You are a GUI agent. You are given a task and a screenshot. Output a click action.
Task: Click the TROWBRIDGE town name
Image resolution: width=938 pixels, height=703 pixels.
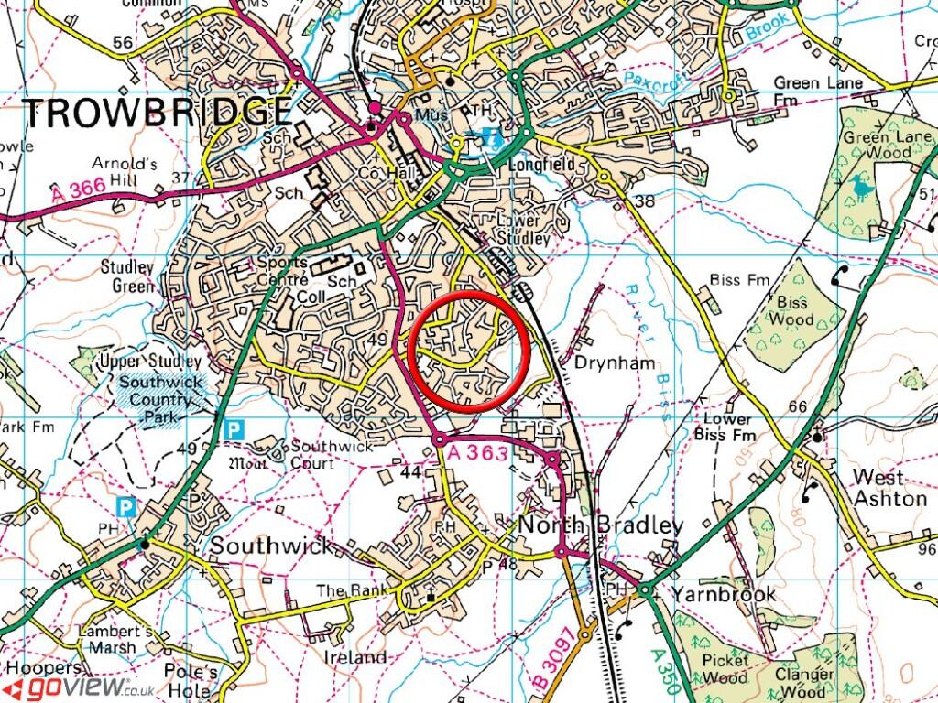[x=157, y=112]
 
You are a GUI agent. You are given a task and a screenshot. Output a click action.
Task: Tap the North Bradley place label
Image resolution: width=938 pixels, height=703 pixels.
[x=601, y=525]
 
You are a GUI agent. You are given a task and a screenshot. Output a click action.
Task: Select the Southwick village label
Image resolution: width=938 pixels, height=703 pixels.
[x=272, y=546]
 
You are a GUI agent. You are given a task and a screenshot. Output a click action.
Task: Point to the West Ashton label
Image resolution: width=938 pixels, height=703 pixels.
[x=889, y=488]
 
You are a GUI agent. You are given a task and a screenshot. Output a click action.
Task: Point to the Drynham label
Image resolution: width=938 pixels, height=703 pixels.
[x=615, y=362]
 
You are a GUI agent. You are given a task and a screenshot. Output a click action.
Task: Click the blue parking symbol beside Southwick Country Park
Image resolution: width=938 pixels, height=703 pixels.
[x=235, y=427]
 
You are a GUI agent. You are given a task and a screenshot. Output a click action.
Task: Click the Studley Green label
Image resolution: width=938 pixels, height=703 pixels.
[x=128, y=276]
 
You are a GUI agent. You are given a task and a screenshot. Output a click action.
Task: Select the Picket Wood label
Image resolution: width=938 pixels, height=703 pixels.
[x=725, y=667]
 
